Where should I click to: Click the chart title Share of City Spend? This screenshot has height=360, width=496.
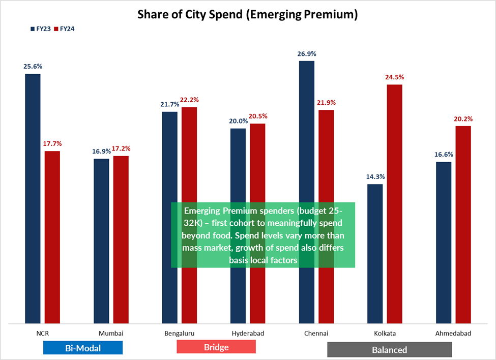click(248, 14)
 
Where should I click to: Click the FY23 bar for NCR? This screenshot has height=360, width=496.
click(33, 198)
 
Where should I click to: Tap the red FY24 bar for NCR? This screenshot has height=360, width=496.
click(52, 237)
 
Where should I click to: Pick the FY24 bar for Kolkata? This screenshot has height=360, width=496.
click(394, 203)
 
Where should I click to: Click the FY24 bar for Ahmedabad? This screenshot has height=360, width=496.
click(463, 224)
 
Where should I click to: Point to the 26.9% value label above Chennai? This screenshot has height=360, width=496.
click(307, 53)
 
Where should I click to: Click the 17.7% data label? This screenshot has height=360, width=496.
click(52, 144)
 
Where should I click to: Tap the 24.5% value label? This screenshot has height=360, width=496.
click(394, 77)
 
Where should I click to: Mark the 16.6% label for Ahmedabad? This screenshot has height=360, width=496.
click(444, 155)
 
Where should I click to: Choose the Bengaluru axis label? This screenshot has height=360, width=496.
click(180, 334)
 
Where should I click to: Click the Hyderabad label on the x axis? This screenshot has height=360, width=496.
click(248, 334)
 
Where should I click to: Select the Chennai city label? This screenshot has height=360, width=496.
click(316, 334)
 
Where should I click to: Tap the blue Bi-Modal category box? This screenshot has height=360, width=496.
click(83, 348)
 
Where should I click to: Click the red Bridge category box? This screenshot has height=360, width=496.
click(216, 347)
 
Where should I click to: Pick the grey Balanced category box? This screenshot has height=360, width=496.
click(389, 349)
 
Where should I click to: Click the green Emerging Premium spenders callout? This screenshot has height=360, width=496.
click(262, 235)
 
